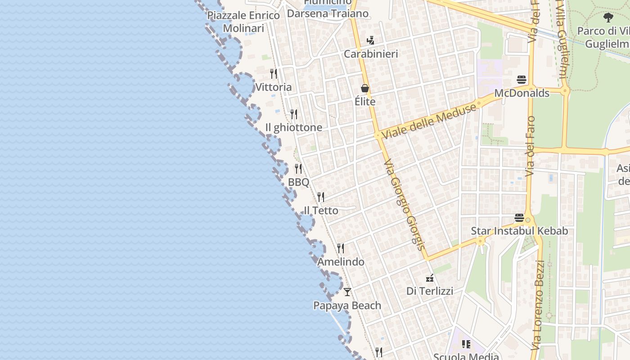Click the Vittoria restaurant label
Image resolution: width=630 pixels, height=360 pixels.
click(273, 87)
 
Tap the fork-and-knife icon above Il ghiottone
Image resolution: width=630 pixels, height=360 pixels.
click(294, 114)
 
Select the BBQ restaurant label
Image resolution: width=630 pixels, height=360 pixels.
click(298, 182)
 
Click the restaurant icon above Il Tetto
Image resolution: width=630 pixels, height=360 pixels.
click(321, 197)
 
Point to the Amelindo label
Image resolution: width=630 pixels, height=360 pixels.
click(341, 261)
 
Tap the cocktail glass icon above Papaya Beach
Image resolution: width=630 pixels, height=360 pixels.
click(347, 292)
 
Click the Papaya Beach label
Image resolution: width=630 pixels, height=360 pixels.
click(347, 306)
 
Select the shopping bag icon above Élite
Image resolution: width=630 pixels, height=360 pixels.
click(365, 88)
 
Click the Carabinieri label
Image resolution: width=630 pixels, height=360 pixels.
click(371, 54)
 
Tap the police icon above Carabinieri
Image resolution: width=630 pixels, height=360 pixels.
click(370, 40)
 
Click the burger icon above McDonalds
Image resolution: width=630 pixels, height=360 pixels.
click(522, 80)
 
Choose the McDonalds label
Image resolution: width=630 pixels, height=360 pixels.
click(522, 93)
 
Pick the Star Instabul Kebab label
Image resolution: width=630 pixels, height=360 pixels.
click(519, 231)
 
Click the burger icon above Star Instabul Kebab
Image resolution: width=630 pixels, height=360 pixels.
click(519, 218)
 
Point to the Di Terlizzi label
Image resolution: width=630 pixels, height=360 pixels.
click(430, 291)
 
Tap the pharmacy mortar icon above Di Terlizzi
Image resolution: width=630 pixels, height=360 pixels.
click(430, 278)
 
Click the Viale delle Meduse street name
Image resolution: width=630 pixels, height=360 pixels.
click(428, 121)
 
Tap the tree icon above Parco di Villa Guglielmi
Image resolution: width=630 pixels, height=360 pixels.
click(608, 18)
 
